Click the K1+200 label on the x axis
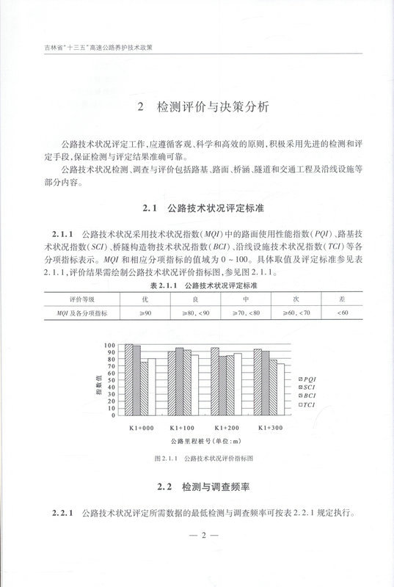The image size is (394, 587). click(x=227, y=426)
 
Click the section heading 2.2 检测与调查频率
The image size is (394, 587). click(x=197, y=486)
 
